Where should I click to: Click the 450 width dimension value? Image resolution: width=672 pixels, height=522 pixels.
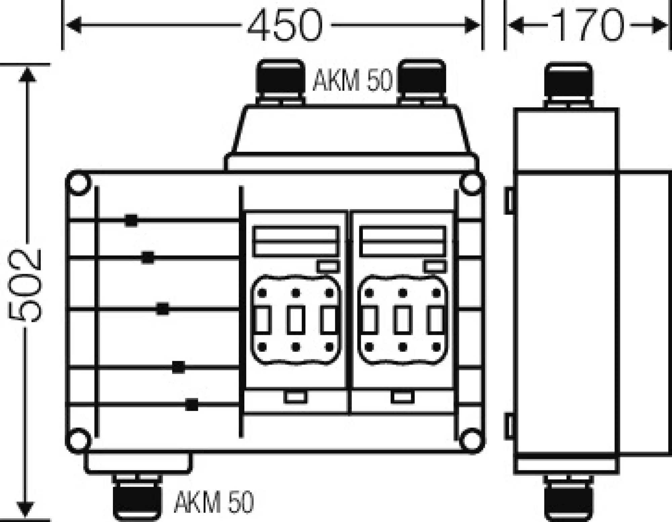pyautogui.click(x=285, y=25)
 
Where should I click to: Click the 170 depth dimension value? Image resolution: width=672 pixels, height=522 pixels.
pyautogui.click(x=587, y=25)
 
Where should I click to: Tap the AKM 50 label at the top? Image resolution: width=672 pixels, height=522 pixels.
pyautogui.click(x=352, y=81)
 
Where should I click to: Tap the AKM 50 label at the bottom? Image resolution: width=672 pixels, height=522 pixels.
pyautogui.click(x=214, y=502)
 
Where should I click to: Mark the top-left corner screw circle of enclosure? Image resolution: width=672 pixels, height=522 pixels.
pyautogui.click(x=79, y=183)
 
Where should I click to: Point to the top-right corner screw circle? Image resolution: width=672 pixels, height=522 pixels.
pyautogui.click(x=472, y=183)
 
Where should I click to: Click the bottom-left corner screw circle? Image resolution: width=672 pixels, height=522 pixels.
pyautogui.click(x=79, y=439)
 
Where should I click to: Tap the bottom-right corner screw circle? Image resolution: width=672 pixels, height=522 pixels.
pyautogui.click(x=472, y=439)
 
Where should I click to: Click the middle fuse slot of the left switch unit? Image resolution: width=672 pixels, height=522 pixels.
pyautogui.click(x=296, y=319)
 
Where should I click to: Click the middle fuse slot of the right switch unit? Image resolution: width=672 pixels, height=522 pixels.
pyautogui.click(x=403, y=319)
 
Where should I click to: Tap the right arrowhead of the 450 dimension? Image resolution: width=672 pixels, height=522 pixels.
pyautogui.click(x=472, y=26)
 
